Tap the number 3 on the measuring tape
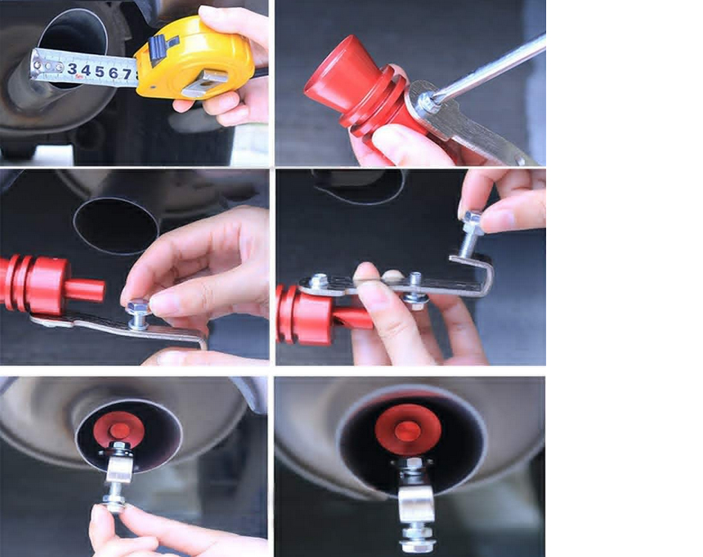point(73,69)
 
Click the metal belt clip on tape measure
point(205,84)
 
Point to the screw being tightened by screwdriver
point(426,103)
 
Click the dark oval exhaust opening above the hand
point(115,226)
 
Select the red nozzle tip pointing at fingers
point(85,290)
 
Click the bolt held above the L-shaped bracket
point(471,233)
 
